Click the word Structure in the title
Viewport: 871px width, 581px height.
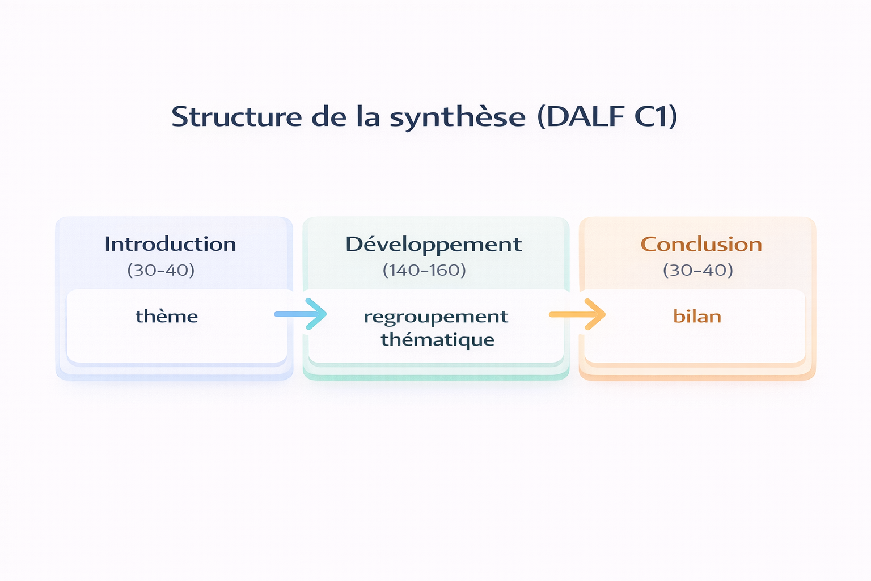(236, 116)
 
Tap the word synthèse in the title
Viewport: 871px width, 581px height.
(458, 117)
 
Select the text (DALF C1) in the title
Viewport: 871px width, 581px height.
(607, 116)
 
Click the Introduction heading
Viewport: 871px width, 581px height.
(170, 244)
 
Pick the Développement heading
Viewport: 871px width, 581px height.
(433, 245)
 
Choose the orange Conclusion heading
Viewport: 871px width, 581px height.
(701, 244)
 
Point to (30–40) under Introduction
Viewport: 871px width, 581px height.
(161, 270)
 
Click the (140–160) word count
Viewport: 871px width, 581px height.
(424, 270)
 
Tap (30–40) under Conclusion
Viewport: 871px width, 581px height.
(698, 270)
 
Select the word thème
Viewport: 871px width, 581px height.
(167, 316)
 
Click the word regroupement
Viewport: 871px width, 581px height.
(435, 317)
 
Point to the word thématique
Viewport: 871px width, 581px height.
(437, 340)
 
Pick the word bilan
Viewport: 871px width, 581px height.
(697, 316)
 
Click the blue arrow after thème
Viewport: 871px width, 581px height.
(301, 314)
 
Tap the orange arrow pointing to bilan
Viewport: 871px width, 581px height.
(577, 314)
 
